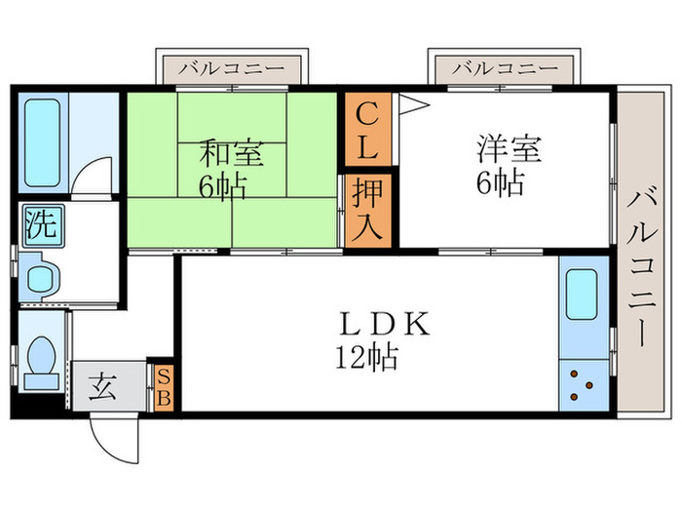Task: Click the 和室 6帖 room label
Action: tap(232, 168)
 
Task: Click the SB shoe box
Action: tap(163, 386)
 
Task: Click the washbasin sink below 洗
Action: tap(41, 276)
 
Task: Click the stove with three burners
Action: tap(583, 384)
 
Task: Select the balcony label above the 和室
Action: tap(232, 69)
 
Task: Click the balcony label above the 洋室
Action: tap(506, 69)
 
